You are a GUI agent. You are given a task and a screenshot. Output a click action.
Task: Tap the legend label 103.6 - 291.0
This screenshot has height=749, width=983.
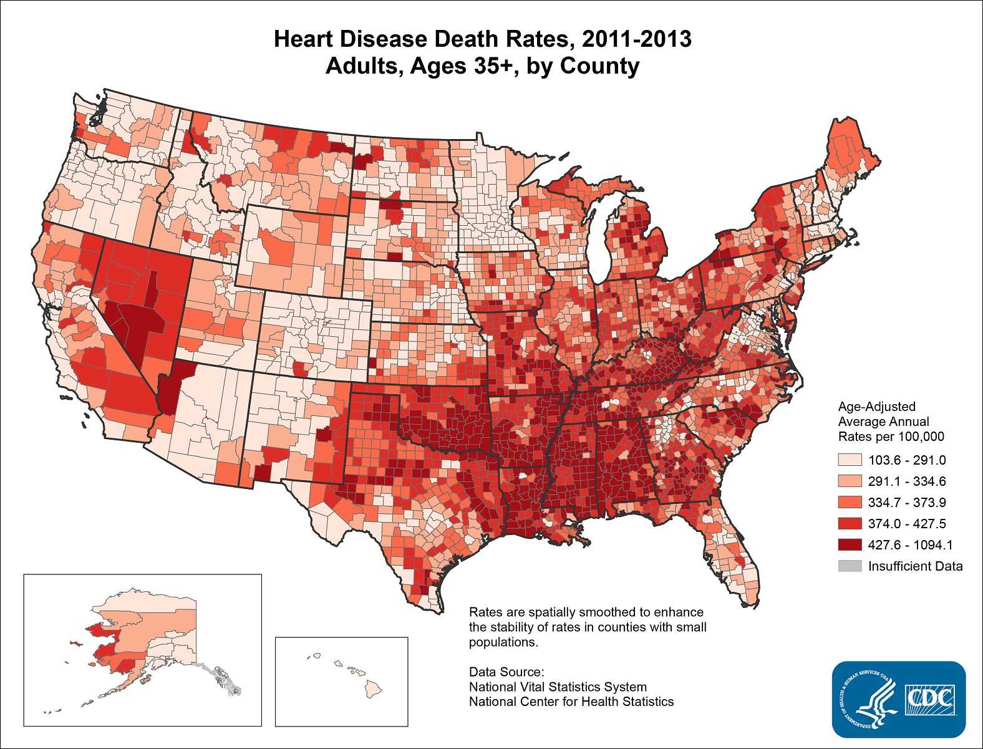click(x=906, y=460)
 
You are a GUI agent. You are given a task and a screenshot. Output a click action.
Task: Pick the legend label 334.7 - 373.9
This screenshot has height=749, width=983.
click(x=906, y=503)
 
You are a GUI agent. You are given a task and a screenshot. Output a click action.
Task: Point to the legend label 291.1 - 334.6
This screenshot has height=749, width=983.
click(x=906, y=481)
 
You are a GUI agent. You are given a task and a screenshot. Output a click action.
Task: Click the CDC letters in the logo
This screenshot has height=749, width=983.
click(x=929, y=697)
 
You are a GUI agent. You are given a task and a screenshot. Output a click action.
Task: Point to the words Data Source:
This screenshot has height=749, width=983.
click(x=507, y=672)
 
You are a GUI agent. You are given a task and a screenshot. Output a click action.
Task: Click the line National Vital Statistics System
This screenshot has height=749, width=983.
click(x=558, y=687)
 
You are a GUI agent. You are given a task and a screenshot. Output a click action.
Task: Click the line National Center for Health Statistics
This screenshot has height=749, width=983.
click(x=571, y=702)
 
